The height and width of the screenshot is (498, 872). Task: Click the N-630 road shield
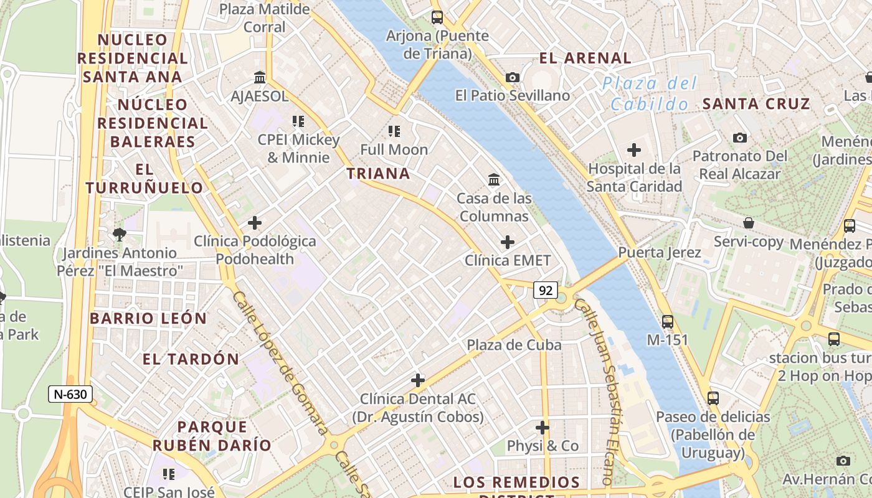pos(70,393)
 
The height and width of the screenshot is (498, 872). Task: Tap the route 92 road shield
pos(546,289)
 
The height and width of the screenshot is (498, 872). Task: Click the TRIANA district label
pos(379,174)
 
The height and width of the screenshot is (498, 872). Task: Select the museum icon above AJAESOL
pos(260,77)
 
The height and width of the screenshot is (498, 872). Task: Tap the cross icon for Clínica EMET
pos(508,242)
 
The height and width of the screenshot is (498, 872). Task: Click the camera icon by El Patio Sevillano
pos(513,77)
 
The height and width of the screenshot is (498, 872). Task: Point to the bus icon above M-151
pos(668,321)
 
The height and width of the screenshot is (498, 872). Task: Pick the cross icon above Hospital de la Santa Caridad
pos(634,150)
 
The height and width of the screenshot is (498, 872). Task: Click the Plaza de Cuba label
pos(514,345)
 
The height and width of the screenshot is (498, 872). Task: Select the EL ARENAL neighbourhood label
pos(585,59)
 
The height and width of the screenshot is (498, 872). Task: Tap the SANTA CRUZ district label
pos(756,104)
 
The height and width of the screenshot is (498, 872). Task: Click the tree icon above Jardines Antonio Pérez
pos(119,234)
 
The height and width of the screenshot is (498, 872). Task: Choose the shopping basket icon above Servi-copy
pos(749,223)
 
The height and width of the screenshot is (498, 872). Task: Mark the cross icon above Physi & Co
pos(543,428)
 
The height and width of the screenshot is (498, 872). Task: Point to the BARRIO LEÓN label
pos(148,318)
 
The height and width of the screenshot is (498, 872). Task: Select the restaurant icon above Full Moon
pos(394,131)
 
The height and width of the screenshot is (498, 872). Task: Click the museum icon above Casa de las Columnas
pos(494,179)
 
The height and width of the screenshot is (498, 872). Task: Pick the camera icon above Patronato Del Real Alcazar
pos(740,138)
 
